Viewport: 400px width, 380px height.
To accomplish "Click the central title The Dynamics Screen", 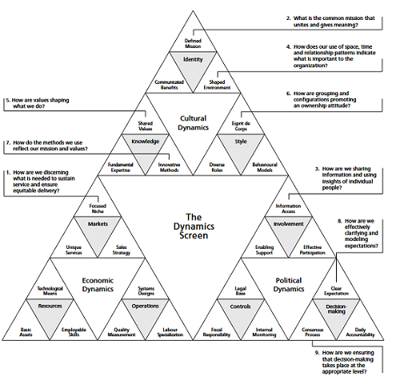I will [193, 226].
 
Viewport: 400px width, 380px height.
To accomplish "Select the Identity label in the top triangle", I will [193, 59].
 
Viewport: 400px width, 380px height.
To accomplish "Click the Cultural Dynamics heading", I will [193, 123].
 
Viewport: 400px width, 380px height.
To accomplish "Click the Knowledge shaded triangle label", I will [146, 142].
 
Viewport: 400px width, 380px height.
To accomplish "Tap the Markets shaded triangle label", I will [98, 223].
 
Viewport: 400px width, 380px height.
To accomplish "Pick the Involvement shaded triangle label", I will [288, 225].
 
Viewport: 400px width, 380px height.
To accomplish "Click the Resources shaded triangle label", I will [51, 306].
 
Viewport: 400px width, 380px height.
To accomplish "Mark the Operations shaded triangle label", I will [146, 306].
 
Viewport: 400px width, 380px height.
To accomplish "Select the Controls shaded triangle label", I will [241, 306].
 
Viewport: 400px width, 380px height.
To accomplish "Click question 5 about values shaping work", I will [46, 105].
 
